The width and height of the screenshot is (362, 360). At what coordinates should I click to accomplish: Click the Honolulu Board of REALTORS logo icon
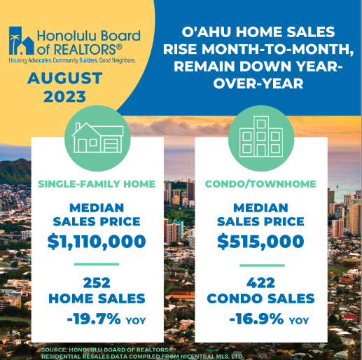click(22, 41)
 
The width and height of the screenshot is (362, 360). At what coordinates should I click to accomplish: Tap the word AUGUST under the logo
click(65, 78)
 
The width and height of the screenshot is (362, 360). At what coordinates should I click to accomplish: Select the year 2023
click(64, 97)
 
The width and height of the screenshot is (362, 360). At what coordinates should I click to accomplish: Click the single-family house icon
click(97, 138)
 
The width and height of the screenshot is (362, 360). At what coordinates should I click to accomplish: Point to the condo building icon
click(261, 137)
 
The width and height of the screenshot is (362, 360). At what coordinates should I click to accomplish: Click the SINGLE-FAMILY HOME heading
click(97, 184)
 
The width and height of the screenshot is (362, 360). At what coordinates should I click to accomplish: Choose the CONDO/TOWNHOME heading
click(260, 184)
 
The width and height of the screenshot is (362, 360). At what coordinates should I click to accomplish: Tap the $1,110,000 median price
click(97, 242)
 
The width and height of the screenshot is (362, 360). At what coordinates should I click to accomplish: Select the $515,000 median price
click(260, 241)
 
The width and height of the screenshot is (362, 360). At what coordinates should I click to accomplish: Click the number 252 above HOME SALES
click(97, 283)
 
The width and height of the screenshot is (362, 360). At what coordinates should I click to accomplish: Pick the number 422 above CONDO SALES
click(261, 283)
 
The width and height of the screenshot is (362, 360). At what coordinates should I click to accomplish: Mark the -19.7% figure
click(94, 319)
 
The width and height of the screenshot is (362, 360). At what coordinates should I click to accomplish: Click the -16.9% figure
click(256, 319)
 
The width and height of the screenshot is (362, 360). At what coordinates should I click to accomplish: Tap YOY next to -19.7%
click(136, 321)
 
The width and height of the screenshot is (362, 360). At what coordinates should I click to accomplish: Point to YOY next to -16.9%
click(299, 321)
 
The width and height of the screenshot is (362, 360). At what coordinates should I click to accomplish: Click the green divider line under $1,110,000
click(97, 264)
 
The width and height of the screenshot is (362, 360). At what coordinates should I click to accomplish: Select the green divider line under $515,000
click(262, 265)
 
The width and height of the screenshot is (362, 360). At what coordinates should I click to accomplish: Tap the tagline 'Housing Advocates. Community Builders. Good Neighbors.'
click(72, 60)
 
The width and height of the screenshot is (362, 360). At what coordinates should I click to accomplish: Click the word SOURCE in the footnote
click(55, 349)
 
